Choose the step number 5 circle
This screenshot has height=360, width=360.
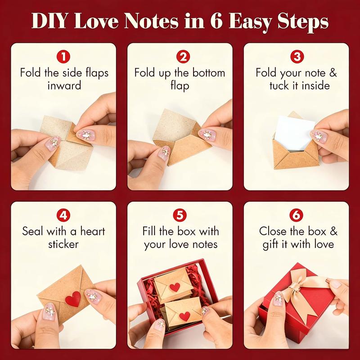tap(180, 215)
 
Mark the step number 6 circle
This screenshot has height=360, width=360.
tap(296, 215)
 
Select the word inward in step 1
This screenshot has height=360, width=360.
tap(64, 85)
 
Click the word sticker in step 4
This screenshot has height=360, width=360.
tap(64, 244)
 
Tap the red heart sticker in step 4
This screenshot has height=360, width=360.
tap(72, 297)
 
